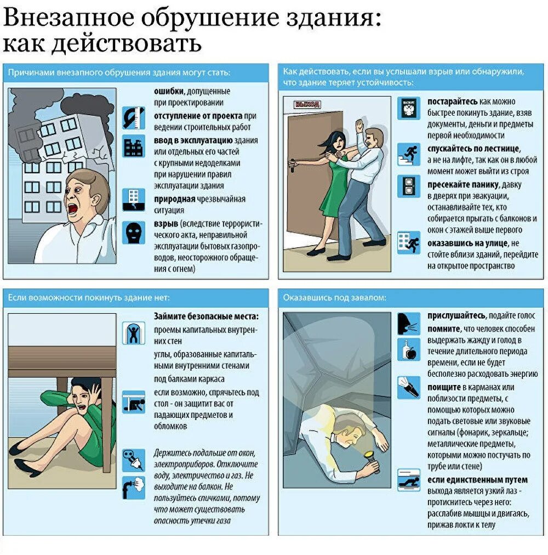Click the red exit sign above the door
pos(307,104)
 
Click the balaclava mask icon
pos(133,233)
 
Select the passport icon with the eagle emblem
pos(409,108)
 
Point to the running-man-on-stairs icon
pos(409,154)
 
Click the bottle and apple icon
pos(409,349)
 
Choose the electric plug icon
pos(133,460)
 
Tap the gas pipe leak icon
pos(133,488)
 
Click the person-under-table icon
pos(133,402)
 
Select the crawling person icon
pos(409,480)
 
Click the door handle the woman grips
pos(292,165)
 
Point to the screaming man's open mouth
pos(72,208)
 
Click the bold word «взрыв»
pos(166,224)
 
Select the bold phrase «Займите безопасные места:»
pos(206,316)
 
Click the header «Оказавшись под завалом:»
pos(334,298)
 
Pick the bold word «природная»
pos(174,199)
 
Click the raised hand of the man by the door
pos(359,126)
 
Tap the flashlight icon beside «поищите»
pos(409,388)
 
